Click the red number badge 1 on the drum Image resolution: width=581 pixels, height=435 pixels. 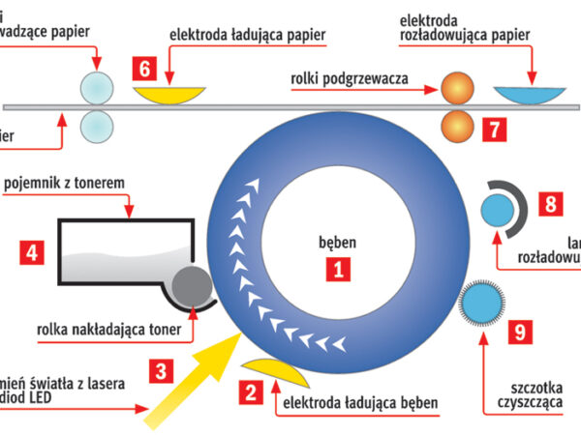click(x=337, y=271)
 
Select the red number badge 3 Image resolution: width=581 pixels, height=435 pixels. click(x=164, y=369)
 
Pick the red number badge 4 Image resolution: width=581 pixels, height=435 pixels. click(x=32, y=254)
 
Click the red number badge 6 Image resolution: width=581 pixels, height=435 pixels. click(x=145, y=70)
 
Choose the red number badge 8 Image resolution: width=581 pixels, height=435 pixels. click(x=550, y=204)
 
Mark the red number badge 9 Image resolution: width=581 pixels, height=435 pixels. click(x=521, y=333)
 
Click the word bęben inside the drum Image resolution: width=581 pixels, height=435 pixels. click(x=338, y=237)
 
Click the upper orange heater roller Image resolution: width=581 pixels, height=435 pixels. click(x=457, y=89)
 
